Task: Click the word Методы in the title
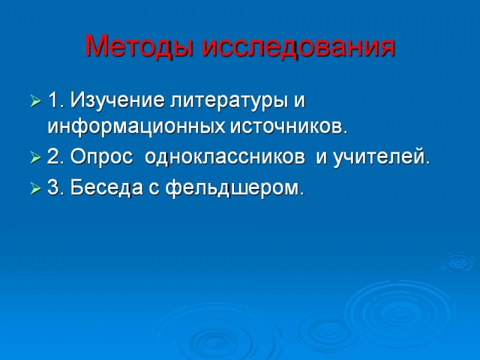[139, 46]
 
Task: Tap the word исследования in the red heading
[298, 46]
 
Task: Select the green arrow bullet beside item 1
[35, 101]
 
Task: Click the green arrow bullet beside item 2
[35, 158]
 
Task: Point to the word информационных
[137, 127]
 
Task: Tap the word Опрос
[101, 158]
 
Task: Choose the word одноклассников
[225, 157]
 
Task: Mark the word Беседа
[107, 187]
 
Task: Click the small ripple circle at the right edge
[458, 262]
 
